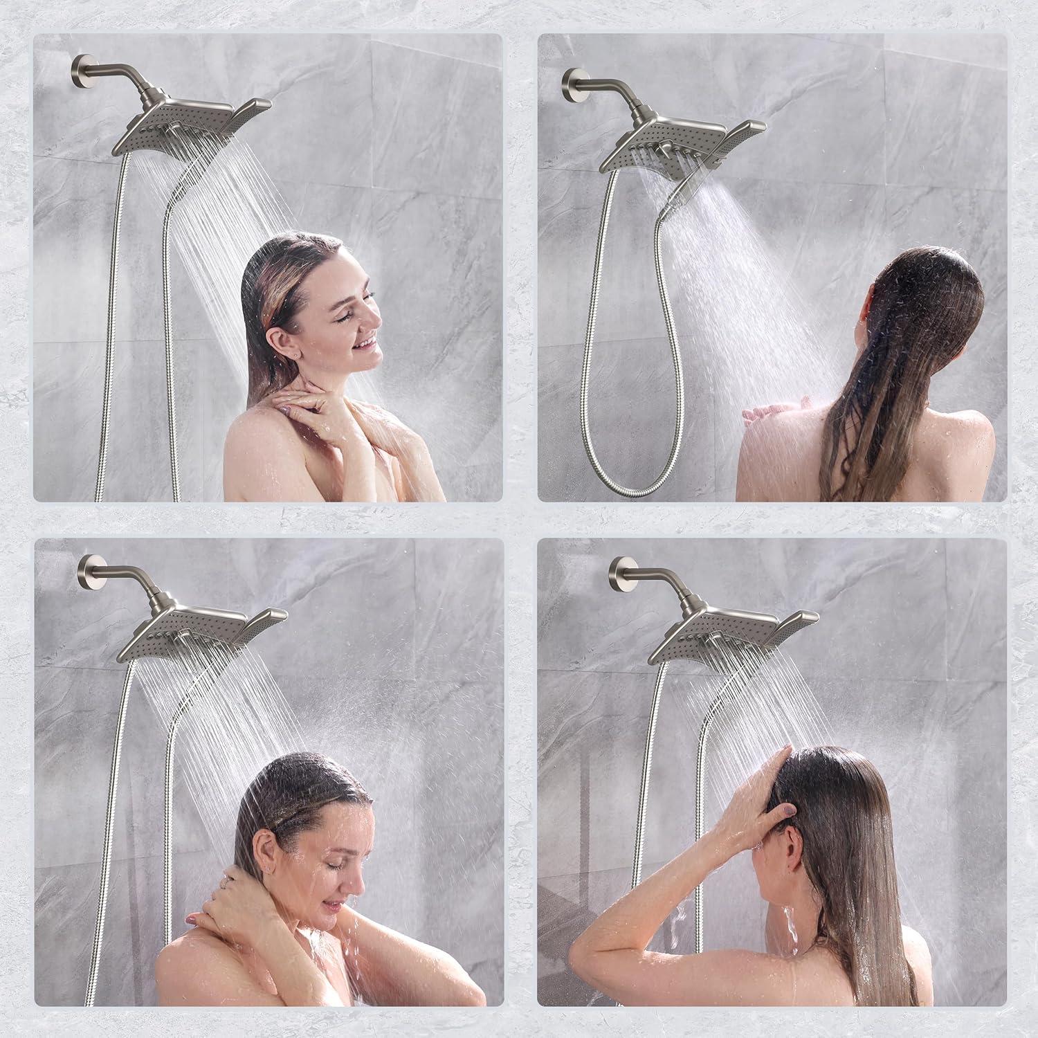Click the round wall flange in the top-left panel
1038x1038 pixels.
80,69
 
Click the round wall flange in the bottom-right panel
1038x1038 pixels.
619,570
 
